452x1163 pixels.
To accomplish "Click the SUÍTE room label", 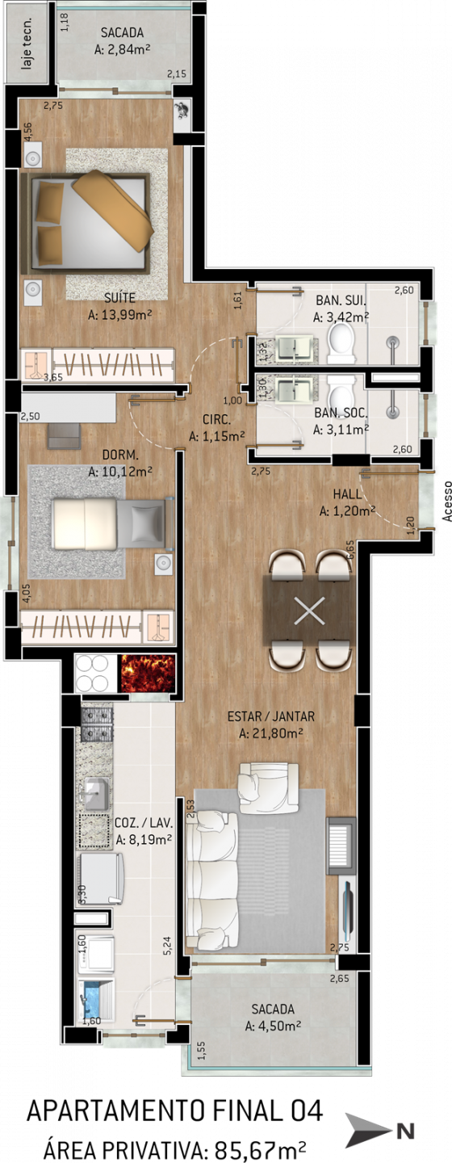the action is click(119, 298).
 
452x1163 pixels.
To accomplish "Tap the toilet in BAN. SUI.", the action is click(341, 342).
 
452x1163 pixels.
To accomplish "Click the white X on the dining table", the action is click(309, 610).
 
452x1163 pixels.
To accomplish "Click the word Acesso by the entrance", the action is click(447, 501).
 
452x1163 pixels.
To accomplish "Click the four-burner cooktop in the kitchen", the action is click(95, 674).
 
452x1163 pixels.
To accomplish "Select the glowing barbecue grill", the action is click(148, 674).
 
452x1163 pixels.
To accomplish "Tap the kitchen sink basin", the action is click(97, 794).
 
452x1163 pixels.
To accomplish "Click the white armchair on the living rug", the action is click(268, 787).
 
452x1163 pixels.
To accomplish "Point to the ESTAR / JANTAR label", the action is click(271, 716).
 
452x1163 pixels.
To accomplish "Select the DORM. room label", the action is click(120, 456).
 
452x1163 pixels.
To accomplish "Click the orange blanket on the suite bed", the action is click(113, 209).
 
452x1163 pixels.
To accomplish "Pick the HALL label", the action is click(347, 494).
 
